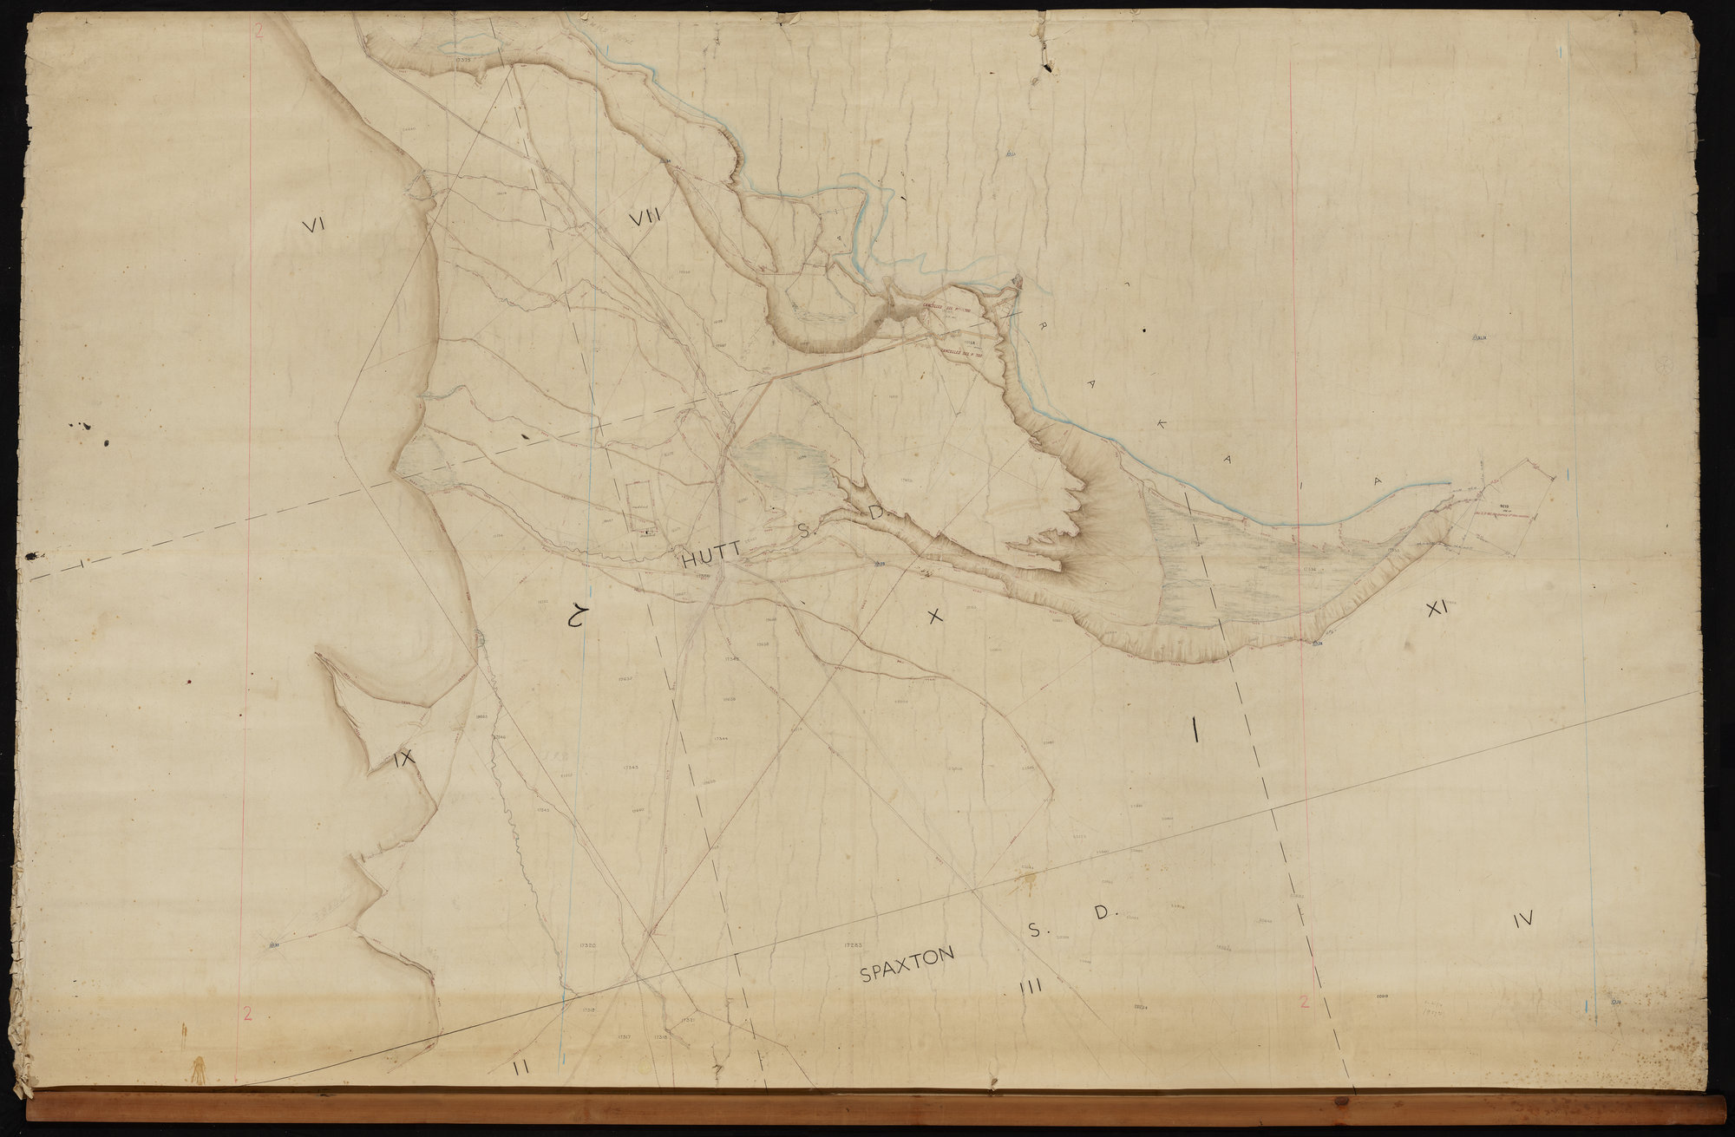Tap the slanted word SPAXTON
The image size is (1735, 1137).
[x=907, y=964]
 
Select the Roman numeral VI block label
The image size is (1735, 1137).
[x=312, y=225]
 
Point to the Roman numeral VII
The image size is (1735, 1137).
[x=645, y=217]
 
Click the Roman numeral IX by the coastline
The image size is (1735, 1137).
[x=404, y=760]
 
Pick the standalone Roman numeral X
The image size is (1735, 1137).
[x=934, y=617]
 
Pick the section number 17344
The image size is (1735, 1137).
[x=720, y=737]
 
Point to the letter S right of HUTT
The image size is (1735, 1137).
[x=803, y=533]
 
